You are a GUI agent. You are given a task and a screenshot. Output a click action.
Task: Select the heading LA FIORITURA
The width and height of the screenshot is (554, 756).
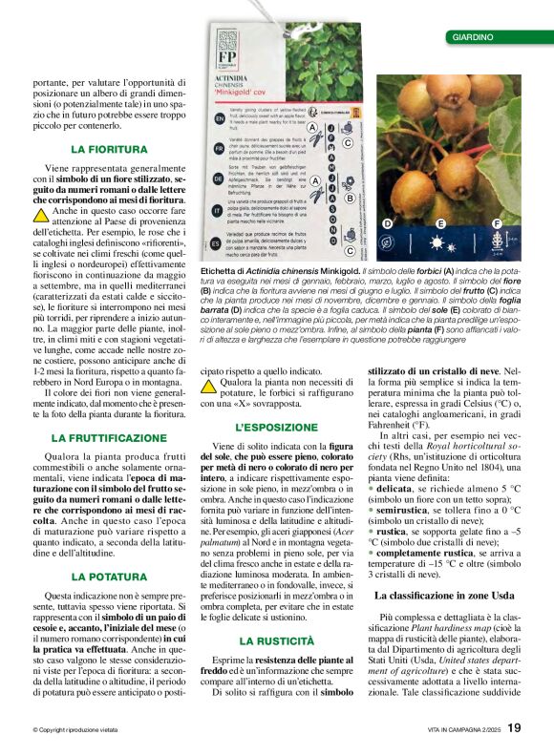(x=109, y=150)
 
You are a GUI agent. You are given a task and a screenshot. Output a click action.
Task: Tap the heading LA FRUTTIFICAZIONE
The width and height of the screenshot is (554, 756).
(x=109, y=437)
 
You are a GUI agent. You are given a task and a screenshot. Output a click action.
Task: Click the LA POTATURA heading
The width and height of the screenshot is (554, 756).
(x=109, y=577)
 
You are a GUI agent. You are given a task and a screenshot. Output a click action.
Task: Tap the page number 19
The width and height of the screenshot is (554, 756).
(x=514, y=727)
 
